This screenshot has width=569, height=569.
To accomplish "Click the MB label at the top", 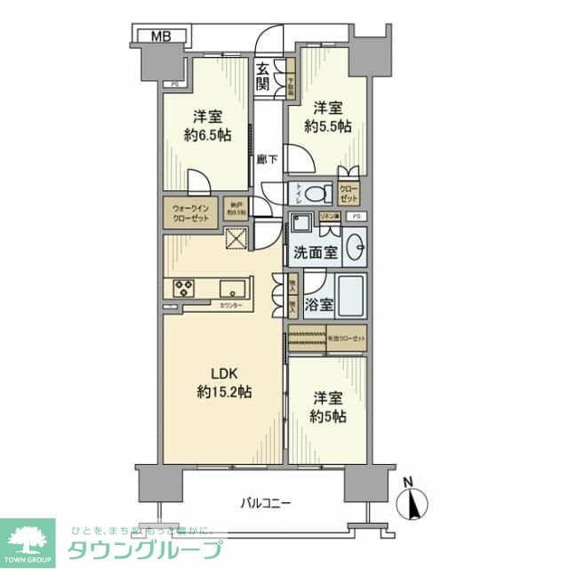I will (161, 36).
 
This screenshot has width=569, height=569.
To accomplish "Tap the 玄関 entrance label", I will (263, 77).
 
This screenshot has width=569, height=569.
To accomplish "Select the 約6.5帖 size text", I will (207, 136).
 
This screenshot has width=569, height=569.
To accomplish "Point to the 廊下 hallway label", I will (264, 159).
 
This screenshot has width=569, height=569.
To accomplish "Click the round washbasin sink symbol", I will (356, 245).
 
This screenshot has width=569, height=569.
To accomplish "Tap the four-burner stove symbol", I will (185, 288).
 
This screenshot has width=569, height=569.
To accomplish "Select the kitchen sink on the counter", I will (236, 288).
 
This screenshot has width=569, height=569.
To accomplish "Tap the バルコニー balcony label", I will (265, 503).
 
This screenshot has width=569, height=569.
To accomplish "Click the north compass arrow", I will (413, 502).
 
